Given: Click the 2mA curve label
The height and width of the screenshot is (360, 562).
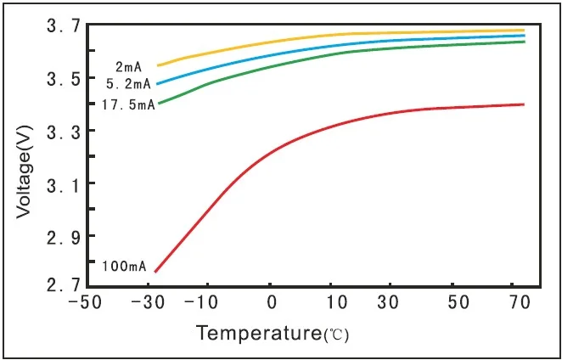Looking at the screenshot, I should point(128,66).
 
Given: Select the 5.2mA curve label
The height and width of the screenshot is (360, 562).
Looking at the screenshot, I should point(128,83).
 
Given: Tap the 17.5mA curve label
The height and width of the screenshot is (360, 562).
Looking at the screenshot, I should point(127,105).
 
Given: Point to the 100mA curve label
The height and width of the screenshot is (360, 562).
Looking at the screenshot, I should point(124,267).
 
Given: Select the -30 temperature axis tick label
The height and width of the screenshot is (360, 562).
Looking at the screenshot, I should point(150,303).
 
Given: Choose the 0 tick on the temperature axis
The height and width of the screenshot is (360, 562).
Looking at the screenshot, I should point(271,303).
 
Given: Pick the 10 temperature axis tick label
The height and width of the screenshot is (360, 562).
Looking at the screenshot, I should point(329,303).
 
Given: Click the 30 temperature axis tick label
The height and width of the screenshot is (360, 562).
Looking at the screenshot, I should point(389,303).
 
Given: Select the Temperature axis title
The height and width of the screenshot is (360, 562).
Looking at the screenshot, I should point(273,333).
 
